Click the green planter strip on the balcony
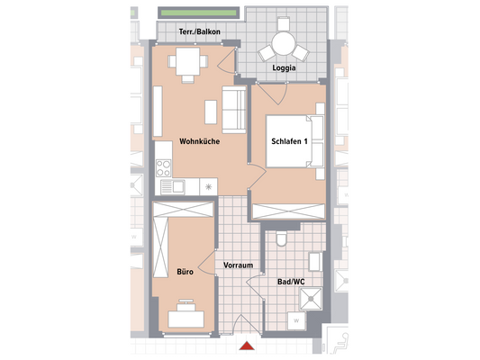(x=198, y=13)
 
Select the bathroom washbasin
(x=316, y=262)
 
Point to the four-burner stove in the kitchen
(x=165, y=167)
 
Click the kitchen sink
(x=177, y=186)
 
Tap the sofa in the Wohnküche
(x=234, y=109)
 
